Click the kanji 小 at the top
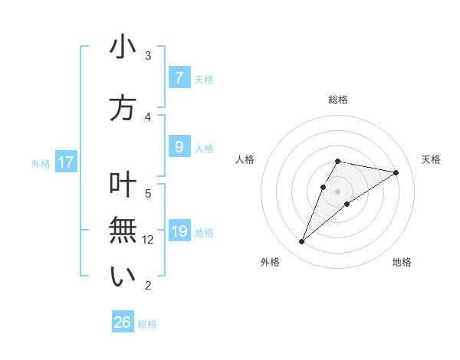tap(123, 47)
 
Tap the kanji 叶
tap(123, 185)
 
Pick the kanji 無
tap(123, 231)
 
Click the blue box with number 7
tap(179, 78)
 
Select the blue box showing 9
tap(179, 147)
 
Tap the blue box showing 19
tap(179, 231)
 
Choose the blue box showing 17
tap(66, 162)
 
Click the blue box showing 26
tap(123, 322)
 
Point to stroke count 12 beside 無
tap(149, 240)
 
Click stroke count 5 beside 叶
tap(148, 193)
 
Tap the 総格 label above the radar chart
tap(338, 100)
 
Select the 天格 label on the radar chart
tap(432, 159)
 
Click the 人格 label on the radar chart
tap(245, 159)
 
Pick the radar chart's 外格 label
tap(270, 262)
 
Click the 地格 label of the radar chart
tap(402, 262)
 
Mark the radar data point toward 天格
tap(396, 172)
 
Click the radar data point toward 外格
tap(301, 242)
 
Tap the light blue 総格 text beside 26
tap(147, 324)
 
